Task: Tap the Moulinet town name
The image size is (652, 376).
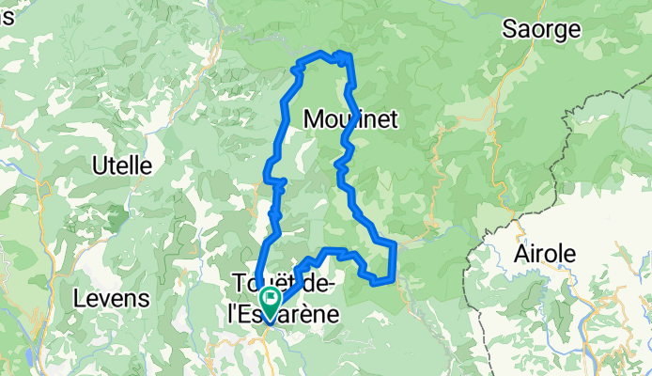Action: [352, 118]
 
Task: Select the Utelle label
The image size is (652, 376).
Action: [122, 165]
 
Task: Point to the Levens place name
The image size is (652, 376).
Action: [111, 299]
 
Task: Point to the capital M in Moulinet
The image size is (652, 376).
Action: [314, 118]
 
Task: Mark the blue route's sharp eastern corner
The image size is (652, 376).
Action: [396, 244]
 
